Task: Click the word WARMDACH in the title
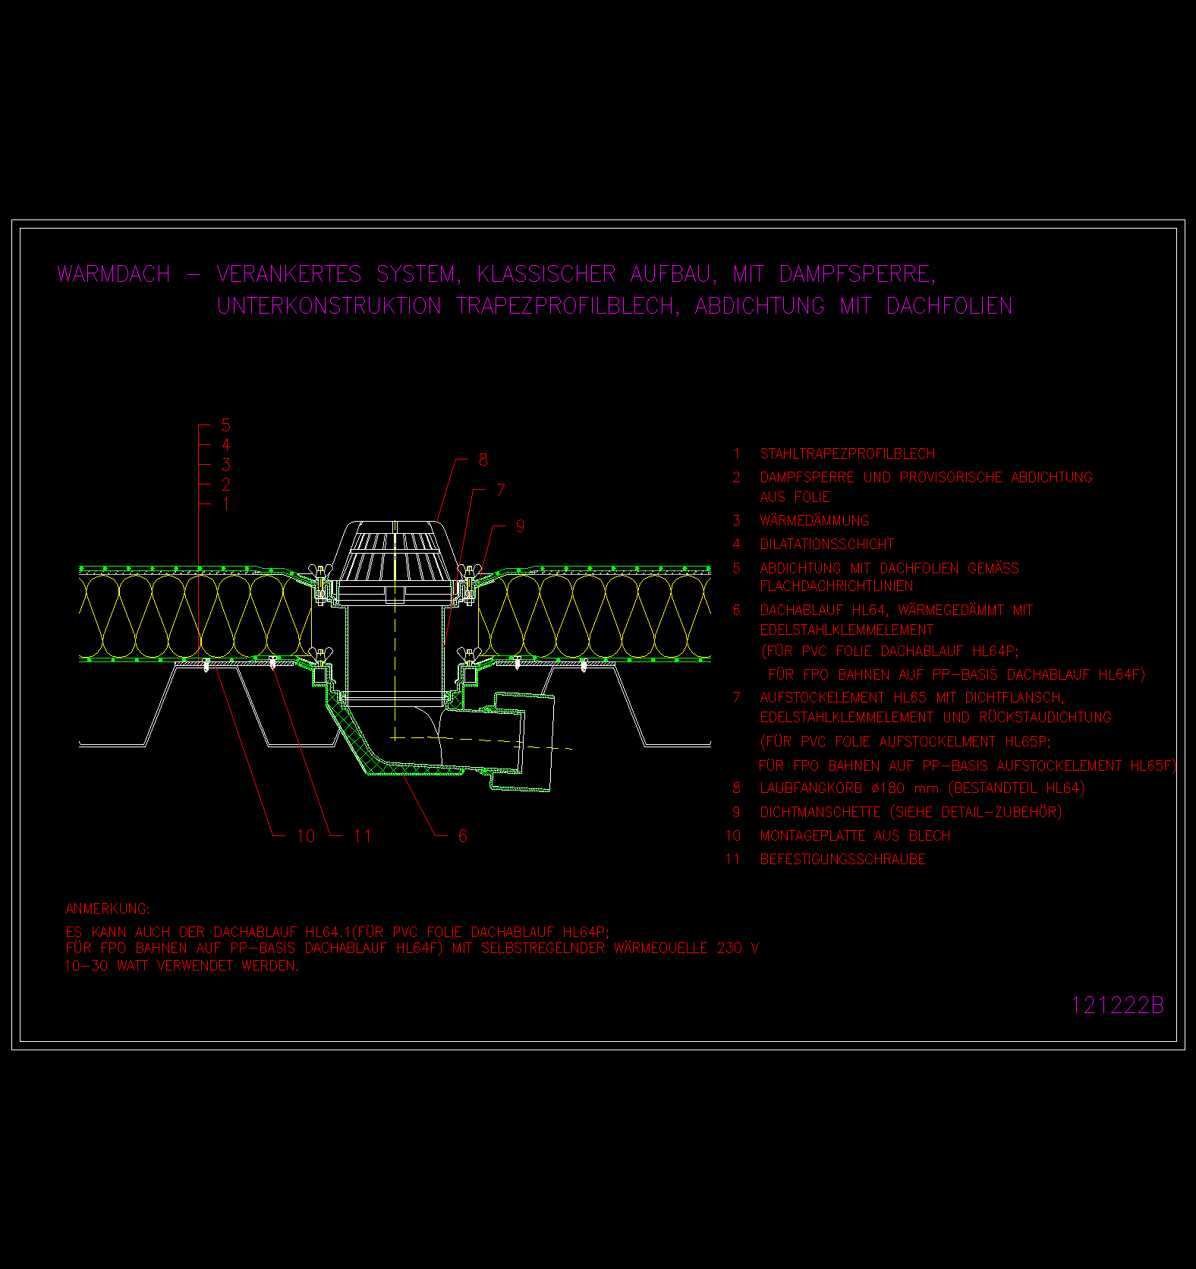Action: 114,274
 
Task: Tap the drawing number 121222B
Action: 1116,1005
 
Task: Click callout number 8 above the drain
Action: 483,459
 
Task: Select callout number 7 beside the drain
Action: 501,490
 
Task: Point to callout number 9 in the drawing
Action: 520,526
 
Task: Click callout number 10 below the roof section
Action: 306,836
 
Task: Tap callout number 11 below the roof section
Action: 362,836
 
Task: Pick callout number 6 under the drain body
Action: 463,836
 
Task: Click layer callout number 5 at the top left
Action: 225,425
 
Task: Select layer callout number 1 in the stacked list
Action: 226,504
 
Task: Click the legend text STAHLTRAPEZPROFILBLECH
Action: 848,453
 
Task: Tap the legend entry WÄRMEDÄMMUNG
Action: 814,520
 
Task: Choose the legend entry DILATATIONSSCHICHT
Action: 827,544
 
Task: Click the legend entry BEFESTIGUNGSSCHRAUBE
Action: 843,859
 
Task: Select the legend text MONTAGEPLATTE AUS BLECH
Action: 855,835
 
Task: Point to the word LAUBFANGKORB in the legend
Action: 811,788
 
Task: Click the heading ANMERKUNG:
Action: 108,909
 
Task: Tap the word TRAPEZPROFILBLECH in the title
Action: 568,306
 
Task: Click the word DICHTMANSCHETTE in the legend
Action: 820,812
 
